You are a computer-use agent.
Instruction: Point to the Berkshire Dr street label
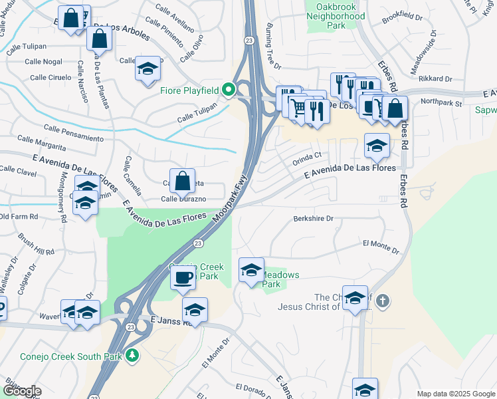[313, 218]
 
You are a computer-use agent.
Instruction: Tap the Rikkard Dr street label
[436, 78]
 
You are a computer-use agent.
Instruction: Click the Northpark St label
[441, 103]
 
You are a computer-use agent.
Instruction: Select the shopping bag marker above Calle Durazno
[181, 180]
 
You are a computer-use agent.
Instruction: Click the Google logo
[21, 391]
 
